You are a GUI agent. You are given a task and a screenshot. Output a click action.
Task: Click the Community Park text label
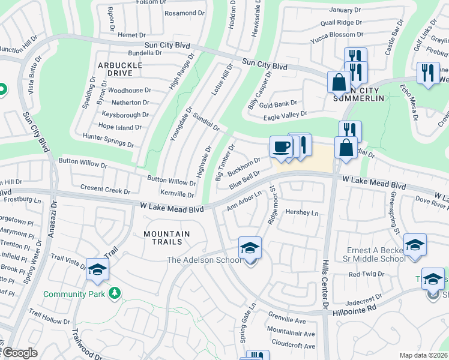pos(74,294)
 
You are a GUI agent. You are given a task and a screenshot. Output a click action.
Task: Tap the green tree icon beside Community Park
pos(114,293)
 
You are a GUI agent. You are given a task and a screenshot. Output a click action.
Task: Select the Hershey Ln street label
pos(302,212)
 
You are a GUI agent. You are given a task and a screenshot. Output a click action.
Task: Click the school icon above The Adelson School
pos(250,247)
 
